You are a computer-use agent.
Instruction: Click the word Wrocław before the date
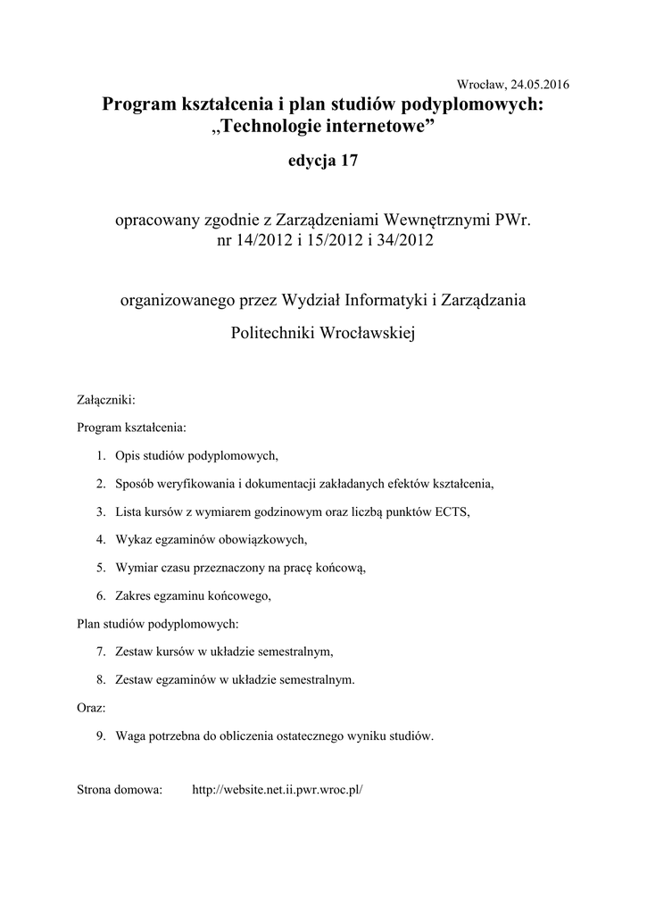coord(481,84)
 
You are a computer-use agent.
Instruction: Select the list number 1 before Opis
coord(101,456)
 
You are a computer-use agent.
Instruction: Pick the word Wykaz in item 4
coord(133,539)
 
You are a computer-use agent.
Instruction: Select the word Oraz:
coord(92,708)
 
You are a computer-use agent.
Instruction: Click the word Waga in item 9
coord(130,736)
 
